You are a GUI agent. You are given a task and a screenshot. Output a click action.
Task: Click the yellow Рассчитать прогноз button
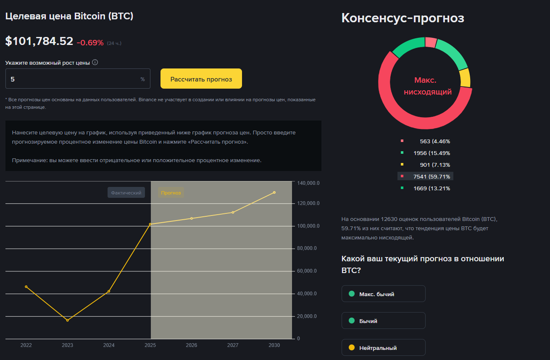(x=201, y=79)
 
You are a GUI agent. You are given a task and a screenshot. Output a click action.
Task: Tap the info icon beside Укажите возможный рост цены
(x=95, y=63)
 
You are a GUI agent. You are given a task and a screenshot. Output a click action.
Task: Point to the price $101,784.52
(x=39, y=42)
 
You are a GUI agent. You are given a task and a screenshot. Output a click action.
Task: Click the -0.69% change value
(x=90, y=42)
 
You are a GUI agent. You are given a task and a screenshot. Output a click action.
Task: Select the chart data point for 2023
(x=67, y=321)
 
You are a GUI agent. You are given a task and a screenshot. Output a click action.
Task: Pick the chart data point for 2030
(x=274, y=192)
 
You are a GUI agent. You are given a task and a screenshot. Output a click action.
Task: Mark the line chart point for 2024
(x=109, y=291)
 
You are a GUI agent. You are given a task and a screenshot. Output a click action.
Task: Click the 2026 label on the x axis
(x=192, y=345)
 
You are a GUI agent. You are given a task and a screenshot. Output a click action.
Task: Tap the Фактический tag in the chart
(x=126, y=193)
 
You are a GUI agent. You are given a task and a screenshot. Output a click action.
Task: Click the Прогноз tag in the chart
(x=171, y=193)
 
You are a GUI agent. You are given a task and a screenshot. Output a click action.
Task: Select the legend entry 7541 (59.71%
(x=426, y=176)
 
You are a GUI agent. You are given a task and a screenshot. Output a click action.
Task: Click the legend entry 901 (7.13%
(x=426, y=165)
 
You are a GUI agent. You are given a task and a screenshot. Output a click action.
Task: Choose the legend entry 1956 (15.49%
(x=426, y=153)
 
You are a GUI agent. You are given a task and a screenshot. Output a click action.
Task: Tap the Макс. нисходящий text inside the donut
(x=427, y=86)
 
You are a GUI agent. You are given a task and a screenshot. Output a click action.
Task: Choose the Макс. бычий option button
(x=383, y=294)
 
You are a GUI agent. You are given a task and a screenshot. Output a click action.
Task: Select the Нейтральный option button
(x=383, y=348)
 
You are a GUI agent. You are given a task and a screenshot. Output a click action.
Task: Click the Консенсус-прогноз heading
(x=403, y=18)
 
